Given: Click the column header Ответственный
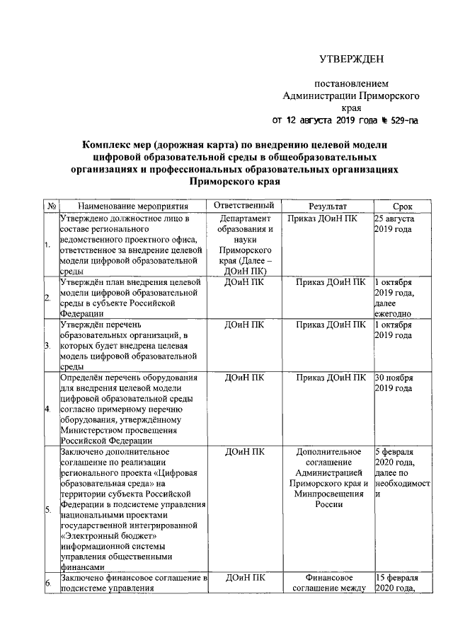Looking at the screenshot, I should [x=243, y=206].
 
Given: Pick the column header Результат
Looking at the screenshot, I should [x=328, y=206].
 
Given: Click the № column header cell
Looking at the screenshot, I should [x=51, y=206].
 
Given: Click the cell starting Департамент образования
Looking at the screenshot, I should [x=243, y=245].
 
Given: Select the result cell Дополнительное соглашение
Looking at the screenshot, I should [x=328, y=477].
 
